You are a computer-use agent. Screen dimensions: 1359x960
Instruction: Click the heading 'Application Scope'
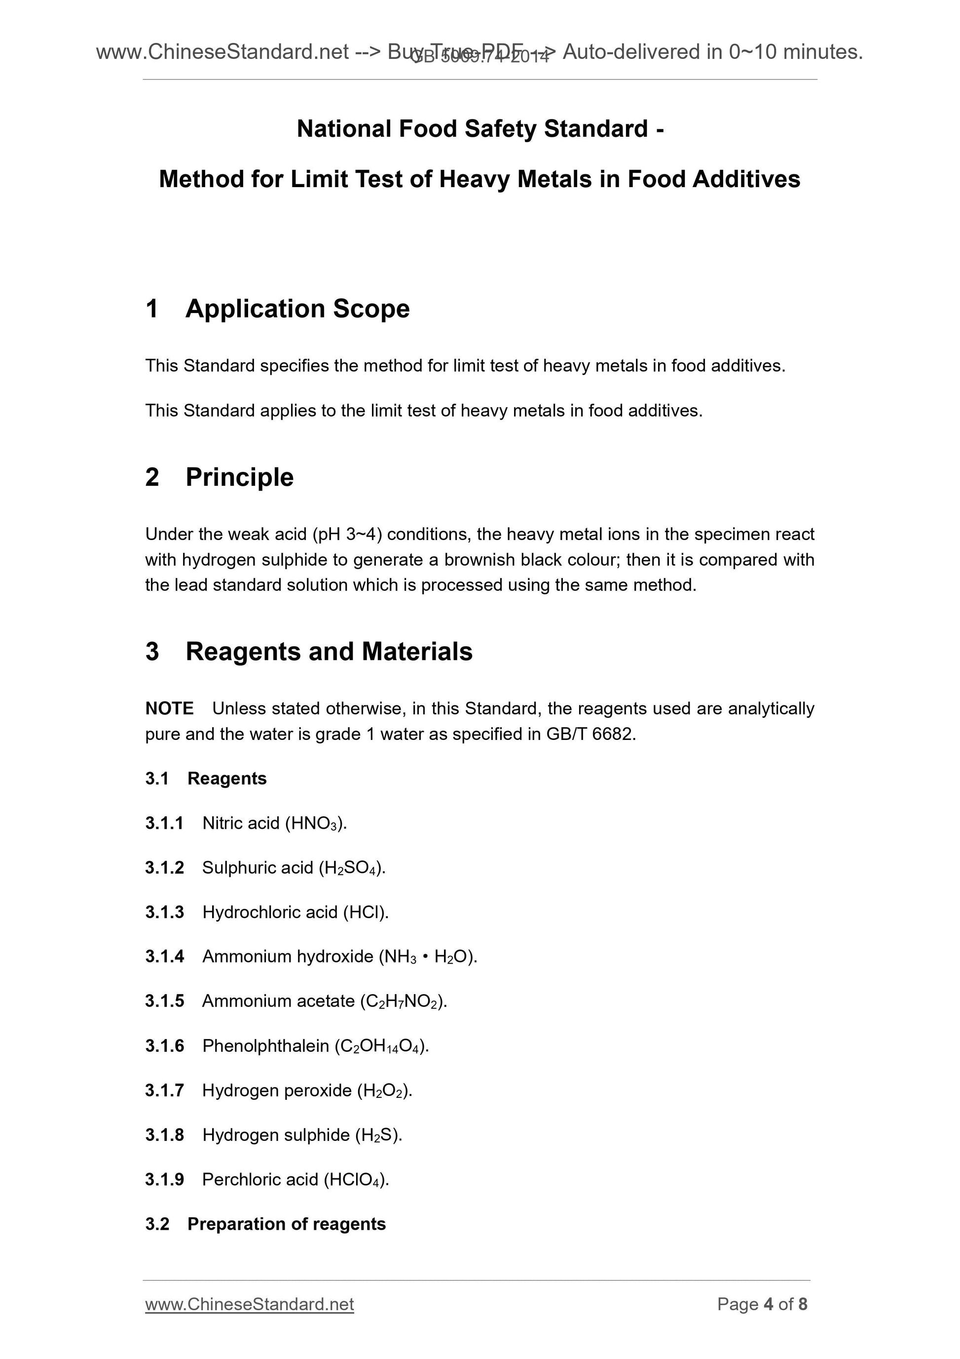pos(297,309)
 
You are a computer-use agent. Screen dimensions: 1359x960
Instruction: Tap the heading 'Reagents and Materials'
pos(329,652)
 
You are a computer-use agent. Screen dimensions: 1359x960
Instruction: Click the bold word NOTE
pos(169,708)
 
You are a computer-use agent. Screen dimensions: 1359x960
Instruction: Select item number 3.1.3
pos(164,912)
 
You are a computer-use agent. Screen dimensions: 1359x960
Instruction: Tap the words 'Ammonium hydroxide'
pos(288,957)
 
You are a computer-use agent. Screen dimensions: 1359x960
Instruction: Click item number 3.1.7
pos(164,1090)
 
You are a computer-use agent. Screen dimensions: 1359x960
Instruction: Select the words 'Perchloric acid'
pos(260,1180)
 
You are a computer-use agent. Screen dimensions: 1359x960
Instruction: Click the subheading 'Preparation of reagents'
pos(286,1224)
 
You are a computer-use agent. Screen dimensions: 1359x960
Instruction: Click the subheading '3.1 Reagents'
pos(206,778)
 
